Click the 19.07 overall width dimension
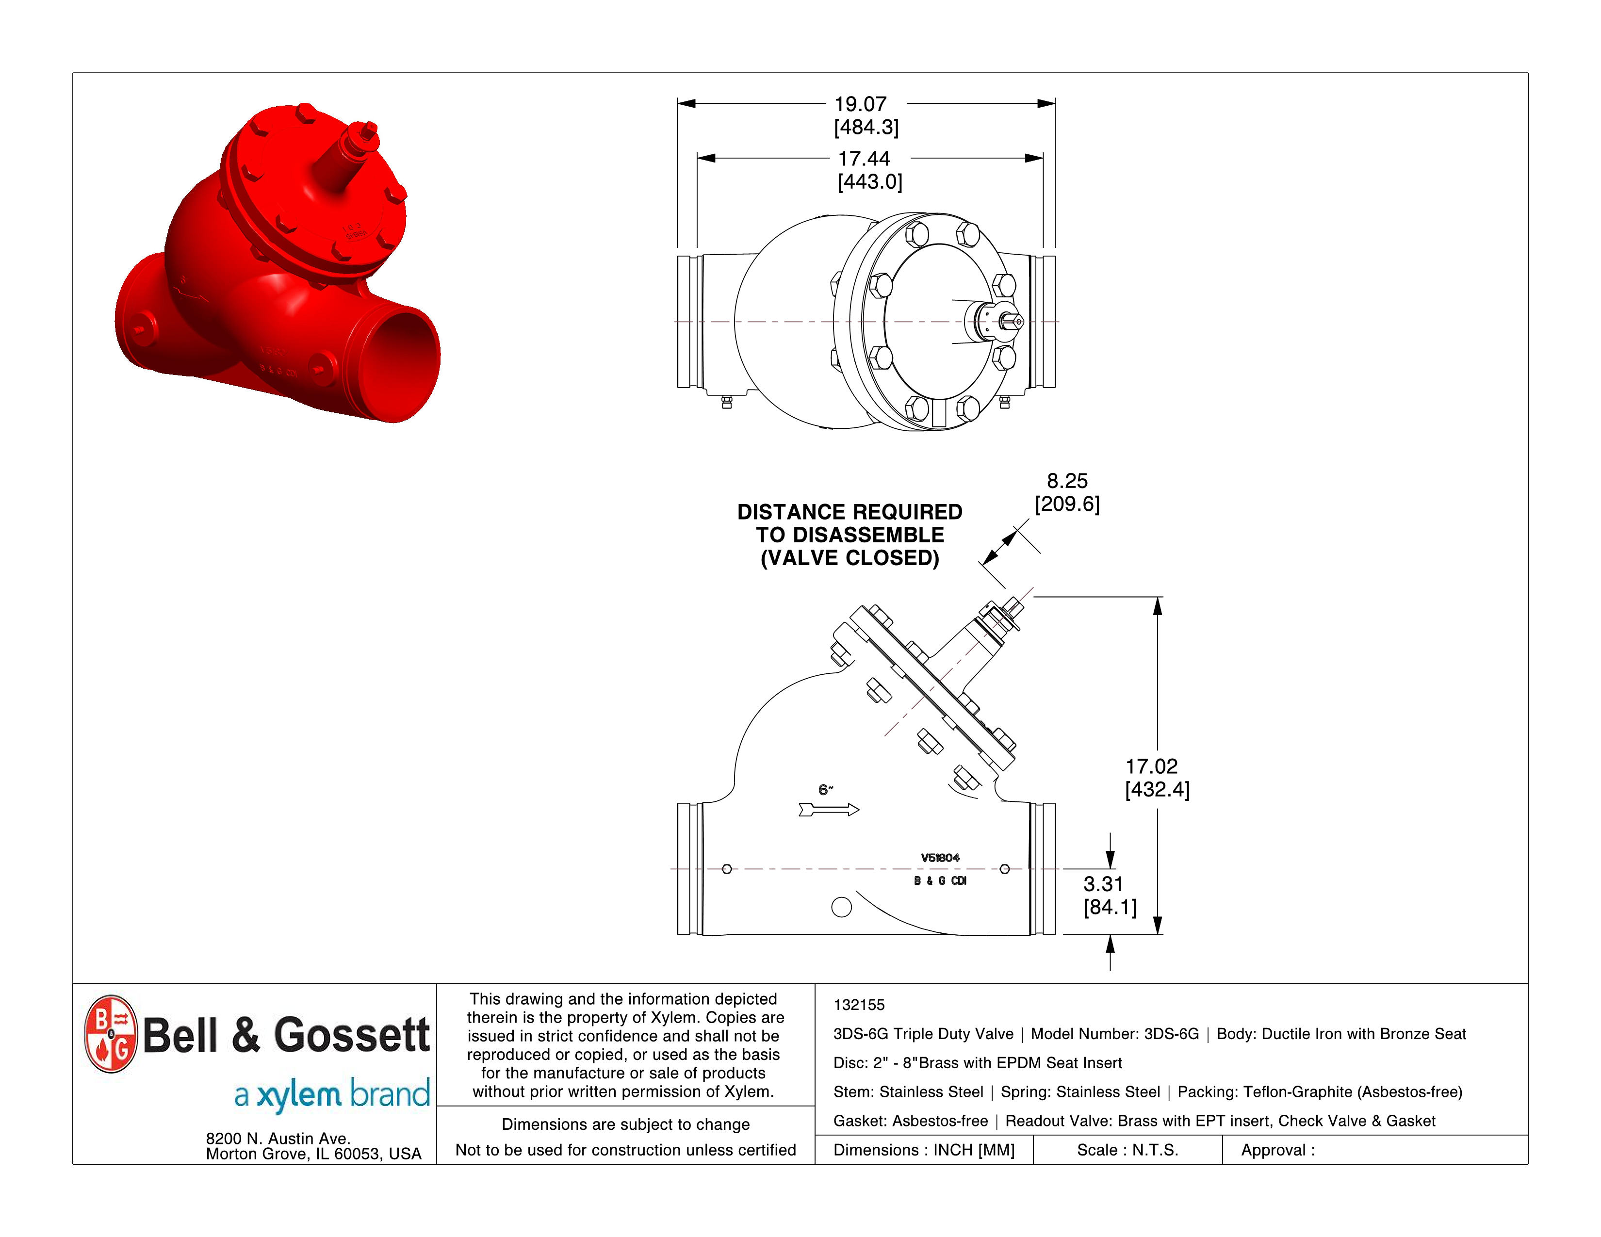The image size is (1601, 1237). coord(861,104)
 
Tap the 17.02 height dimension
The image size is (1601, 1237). coord(1151,766)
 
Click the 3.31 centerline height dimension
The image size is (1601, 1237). coord(1103,884)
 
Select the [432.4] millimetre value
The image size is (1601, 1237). coord(1157,790)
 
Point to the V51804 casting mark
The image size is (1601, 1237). coord(940,857)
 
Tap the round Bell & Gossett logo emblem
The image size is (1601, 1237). coord(111,1034)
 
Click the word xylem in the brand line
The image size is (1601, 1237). coord(298,1095)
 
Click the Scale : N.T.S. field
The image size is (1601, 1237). coord(1127,1150)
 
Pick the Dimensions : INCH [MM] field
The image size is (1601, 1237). coord(924,1150)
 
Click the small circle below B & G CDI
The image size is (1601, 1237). coord(842,907)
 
